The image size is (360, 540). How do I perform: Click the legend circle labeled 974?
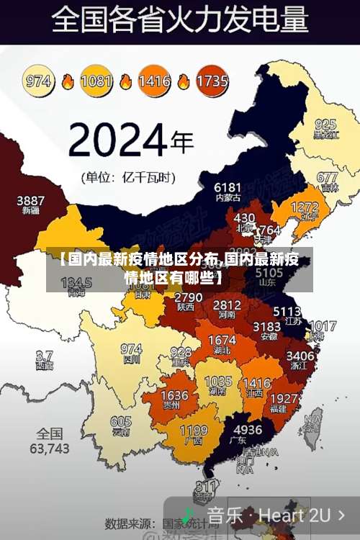coord(39,81)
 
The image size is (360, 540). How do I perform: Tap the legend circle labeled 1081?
coord(96,81)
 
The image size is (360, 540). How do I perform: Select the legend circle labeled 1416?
coord(154,81)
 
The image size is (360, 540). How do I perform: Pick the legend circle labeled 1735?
coord(212,81)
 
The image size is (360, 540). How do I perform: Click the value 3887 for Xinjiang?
coord(30,200)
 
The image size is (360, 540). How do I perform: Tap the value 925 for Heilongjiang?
coord(325,125)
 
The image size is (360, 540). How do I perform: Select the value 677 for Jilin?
coord(327,177)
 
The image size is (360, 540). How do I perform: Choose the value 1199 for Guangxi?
coord(193,431)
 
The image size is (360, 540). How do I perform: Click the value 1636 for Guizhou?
coord(174,396)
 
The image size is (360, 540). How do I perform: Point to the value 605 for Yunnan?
coord(121,422)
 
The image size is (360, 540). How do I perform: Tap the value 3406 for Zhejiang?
coord(300,355)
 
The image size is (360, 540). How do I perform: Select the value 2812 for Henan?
coord(227,305)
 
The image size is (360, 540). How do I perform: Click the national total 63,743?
coord(50,448)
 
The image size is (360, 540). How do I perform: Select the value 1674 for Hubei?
coord(221,340)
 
